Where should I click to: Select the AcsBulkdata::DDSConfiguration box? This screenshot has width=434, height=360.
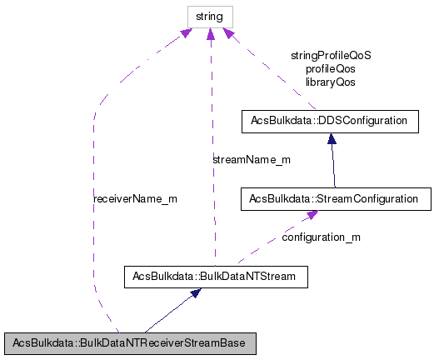pyautogui.click(x=328, y=121)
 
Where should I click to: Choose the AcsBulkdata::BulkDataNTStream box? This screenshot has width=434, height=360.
pyautogui.click(x=216, y=275)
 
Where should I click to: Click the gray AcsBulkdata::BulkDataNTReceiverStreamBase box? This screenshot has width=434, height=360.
pyautogui.click(x=129, y=343)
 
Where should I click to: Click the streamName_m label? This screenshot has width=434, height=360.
pyautogui.click(x=250, y=159)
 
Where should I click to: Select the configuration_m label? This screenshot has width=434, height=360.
pyautogui.click(x=321, y=237)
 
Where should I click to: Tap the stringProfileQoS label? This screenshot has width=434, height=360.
pyautogui.click(x=331, y=55)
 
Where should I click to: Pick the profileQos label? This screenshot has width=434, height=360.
pyautogui.click(x=331, y=69)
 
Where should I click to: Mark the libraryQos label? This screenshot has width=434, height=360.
pyautogui.click(x=331, y=82)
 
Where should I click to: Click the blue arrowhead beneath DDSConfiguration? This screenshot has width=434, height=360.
pyautogui.click(x=331, y=138)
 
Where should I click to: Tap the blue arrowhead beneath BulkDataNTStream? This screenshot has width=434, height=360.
pyautogui.click(x=195, y=293)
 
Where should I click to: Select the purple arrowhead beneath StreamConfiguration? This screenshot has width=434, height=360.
pyautogui.click(x=311, y=215)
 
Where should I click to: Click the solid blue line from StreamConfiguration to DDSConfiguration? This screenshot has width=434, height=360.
pyautogui.click(x=332, y=162)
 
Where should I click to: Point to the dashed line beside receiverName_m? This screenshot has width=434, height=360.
pyautogui.click(x=93, y=208)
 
